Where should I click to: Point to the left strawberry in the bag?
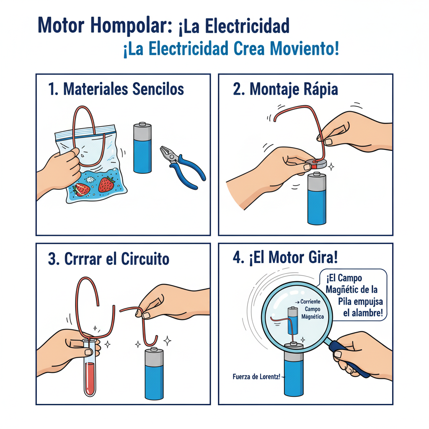click(82, 189)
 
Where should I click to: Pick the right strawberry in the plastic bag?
click(106, 184)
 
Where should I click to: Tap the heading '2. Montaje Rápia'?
click(285, 89)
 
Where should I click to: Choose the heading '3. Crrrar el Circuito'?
click(109, 258)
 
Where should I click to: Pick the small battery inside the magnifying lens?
click(293, 320)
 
